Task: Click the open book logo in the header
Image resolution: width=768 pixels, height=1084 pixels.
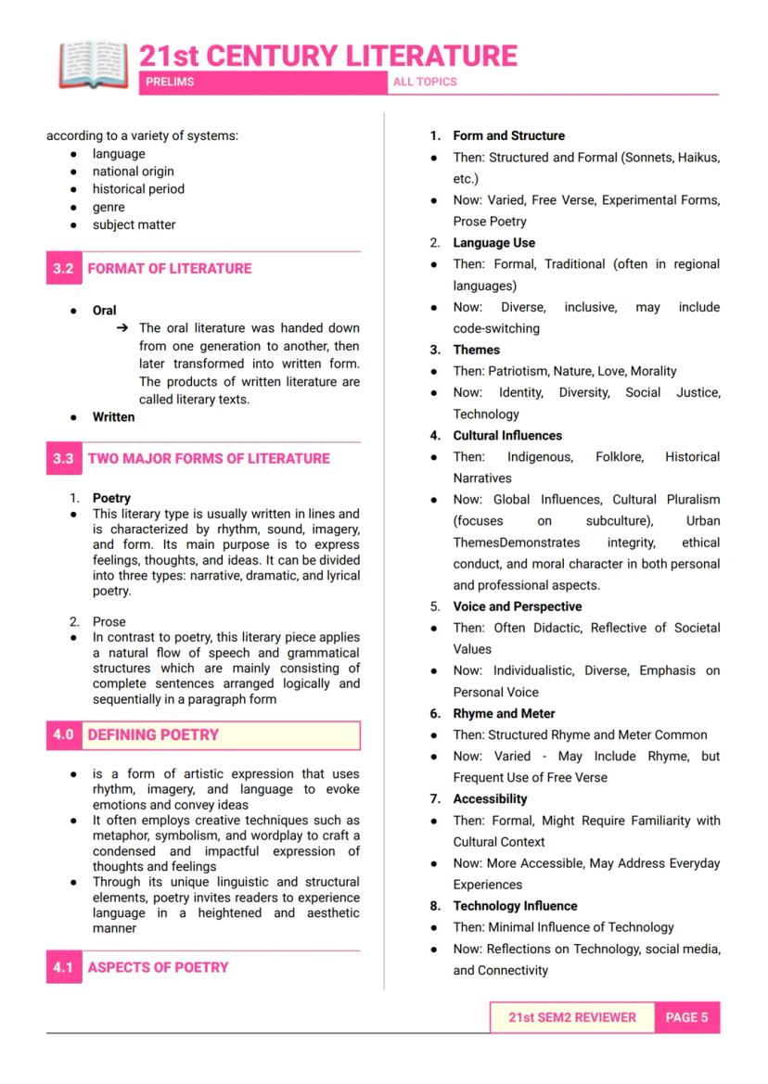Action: click(93, 64)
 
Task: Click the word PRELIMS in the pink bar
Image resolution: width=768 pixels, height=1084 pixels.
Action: click(171, 82)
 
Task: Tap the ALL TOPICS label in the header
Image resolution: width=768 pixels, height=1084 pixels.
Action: click(425, 82)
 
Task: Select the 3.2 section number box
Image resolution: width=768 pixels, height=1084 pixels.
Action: click(63, 269)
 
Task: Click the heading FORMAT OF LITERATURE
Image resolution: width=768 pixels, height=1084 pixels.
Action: click(170, 269)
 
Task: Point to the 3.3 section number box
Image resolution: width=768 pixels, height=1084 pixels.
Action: click(63, 459)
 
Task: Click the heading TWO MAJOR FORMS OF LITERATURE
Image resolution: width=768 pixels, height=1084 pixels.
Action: click(209, 459)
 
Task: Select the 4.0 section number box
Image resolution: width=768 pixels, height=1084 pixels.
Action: click(63, 735)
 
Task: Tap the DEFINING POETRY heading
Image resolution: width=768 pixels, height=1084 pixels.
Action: click(153, 735)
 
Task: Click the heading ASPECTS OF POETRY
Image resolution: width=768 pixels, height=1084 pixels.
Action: click(158, 967)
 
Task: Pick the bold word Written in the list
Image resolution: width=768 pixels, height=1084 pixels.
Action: click(113, 417)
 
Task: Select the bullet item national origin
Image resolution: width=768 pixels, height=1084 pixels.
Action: click(133, 172)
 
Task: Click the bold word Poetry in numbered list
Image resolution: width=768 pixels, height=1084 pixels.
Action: click(111, 498)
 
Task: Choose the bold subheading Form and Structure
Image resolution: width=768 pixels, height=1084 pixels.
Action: click(508, 135)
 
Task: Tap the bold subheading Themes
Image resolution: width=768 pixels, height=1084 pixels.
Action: click(476, 350)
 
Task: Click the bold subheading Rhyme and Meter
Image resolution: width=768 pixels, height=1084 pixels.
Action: click(504, 713)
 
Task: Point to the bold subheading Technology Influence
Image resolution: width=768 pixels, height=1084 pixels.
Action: click(515, 906)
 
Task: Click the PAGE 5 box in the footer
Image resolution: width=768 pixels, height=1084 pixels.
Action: click(686, 1017)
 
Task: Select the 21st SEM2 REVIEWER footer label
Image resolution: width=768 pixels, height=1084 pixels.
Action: click(572, 1017)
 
